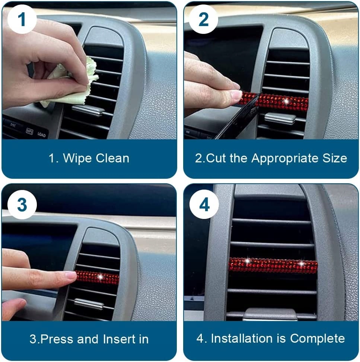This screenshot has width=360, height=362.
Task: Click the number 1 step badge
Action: pyautogui.click(x=22, y=19)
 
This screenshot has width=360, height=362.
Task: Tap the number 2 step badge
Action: pyautogui.click(x=203, y=19)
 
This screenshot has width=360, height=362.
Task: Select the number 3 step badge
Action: pyautogui.click(x=22, y=204)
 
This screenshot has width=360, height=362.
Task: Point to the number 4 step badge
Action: pyautogui.click(x=204, y=204)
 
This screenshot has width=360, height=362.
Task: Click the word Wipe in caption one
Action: pyautogui.click(x=77, y=159)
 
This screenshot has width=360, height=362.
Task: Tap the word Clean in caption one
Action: pyautogui.click(x=112, y=158)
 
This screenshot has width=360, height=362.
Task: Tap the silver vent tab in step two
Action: pyautogui.click(x=280, y=118)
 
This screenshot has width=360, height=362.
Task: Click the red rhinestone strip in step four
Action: pyautogui.click(x=273, y=265)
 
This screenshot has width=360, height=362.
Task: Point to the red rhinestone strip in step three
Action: pyautogui.click(x=97, y=277)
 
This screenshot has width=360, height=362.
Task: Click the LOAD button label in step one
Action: pyautogui.click(x=42, y=134)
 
